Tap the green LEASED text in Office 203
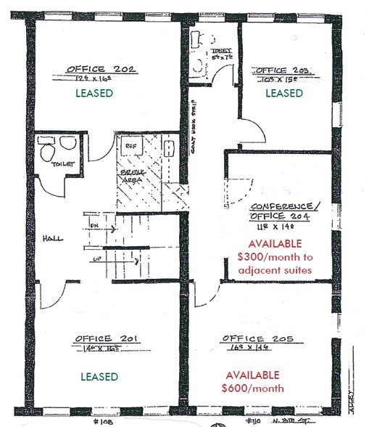click(x=283, y=93)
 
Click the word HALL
click(x=53, y=238)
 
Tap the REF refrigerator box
click(x=131, y=145)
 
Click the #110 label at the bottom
click(x=252, y=420)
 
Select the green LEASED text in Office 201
click(x=100, y=376)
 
